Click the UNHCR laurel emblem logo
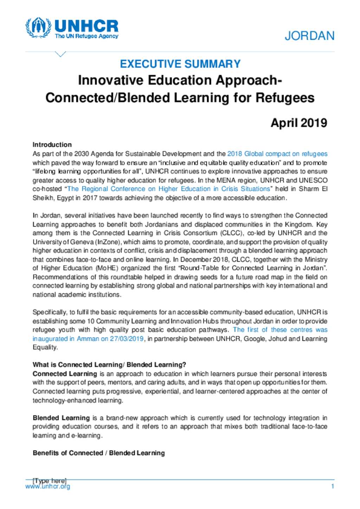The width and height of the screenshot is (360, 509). (x=38, y=28)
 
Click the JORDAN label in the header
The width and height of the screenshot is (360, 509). (x=309, y=36)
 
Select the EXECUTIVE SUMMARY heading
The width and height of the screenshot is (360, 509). (x=180, y=64)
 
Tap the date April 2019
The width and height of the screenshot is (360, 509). (x=299, y=123)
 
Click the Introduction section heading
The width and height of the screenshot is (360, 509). (x=52, y=145)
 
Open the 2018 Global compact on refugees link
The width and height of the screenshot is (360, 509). (x=277, y=154)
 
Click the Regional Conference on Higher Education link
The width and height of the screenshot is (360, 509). (x=168, y=189)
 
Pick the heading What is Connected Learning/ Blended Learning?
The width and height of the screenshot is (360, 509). (x=109, y=365)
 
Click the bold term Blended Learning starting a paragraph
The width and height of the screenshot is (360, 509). (x=61, y=418)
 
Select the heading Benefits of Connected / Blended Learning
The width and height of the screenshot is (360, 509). (x=99, y=453)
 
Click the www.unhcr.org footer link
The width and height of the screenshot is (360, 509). (x=47, y=487)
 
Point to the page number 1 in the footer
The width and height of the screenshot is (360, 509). (x=332, y=487)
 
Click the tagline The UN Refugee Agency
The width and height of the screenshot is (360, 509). (x=86, y=36)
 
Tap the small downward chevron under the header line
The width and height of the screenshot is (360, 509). (x=60, y=54)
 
